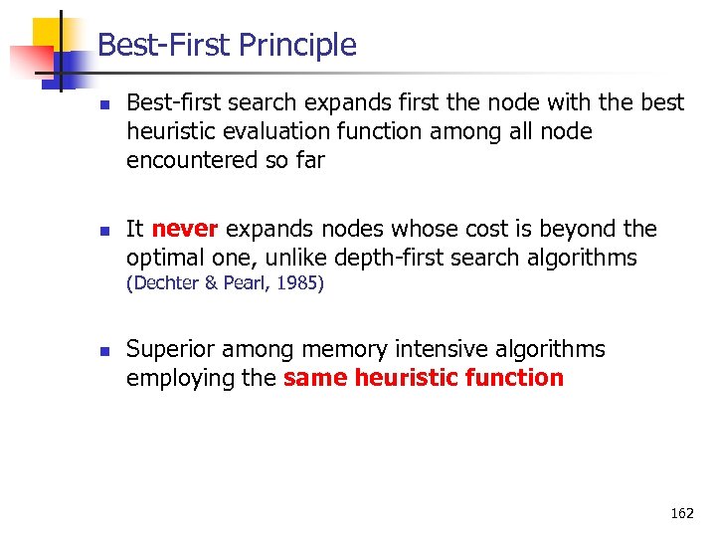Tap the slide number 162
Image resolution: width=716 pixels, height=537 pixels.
pos(682,513)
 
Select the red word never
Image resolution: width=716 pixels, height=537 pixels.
pos(185,229)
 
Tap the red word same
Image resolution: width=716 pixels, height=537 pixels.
pos(315,378)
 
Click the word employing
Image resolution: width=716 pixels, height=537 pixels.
pos(175,378)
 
